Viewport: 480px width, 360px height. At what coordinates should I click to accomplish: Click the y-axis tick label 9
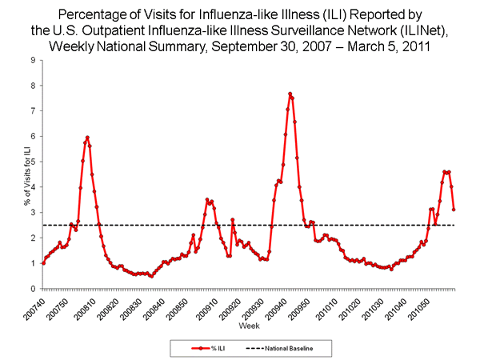[x=32, y=60]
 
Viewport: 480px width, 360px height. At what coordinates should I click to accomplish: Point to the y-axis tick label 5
[x=32, y=162]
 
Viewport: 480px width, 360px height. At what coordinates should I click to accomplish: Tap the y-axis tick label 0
[x=32, y=289]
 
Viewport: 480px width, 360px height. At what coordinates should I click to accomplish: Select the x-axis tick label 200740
[x=38, y=305]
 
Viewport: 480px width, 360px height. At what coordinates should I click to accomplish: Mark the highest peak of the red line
[x=290, y=94]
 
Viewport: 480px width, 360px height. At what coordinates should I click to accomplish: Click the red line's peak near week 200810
[x=86, y=138]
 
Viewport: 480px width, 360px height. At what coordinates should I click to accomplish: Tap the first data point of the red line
[x=42, y=263]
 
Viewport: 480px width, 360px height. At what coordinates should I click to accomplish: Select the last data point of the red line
[x=454, y=210]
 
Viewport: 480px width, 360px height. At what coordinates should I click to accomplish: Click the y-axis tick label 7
[x=32, y=111]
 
